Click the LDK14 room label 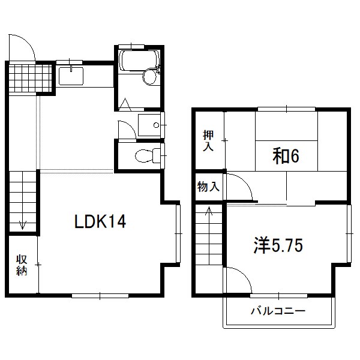100,223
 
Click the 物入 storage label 208,187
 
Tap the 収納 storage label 22,265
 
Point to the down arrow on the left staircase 23,225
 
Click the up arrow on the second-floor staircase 209,211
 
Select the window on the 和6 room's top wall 286,109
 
